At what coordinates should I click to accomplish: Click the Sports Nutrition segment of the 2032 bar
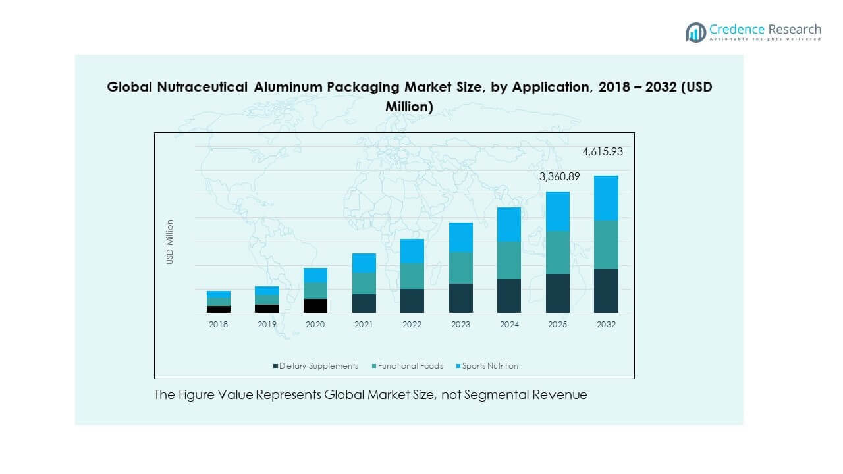(606, 197)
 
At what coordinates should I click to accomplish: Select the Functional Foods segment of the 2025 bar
(557, 252)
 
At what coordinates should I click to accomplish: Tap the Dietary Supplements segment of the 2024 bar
(508, 296)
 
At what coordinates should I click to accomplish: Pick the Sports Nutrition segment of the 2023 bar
(460, 237)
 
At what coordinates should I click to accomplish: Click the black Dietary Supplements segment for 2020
(315, 305)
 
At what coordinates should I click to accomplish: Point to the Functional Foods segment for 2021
(364, 283)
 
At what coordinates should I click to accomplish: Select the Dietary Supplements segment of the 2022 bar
(412, 300)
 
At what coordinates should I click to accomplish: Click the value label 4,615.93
(602, 152)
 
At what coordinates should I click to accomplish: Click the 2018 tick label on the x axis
(218, 325)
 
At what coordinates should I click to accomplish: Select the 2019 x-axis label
(267, 325)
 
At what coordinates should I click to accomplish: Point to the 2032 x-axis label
(606, 325)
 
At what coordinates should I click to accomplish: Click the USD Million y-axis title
(170, 242)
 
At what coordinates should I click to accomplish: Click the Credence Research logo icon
(695, 32)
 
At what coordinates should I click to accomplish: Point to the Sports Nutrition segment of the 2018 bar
(218, 294)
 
